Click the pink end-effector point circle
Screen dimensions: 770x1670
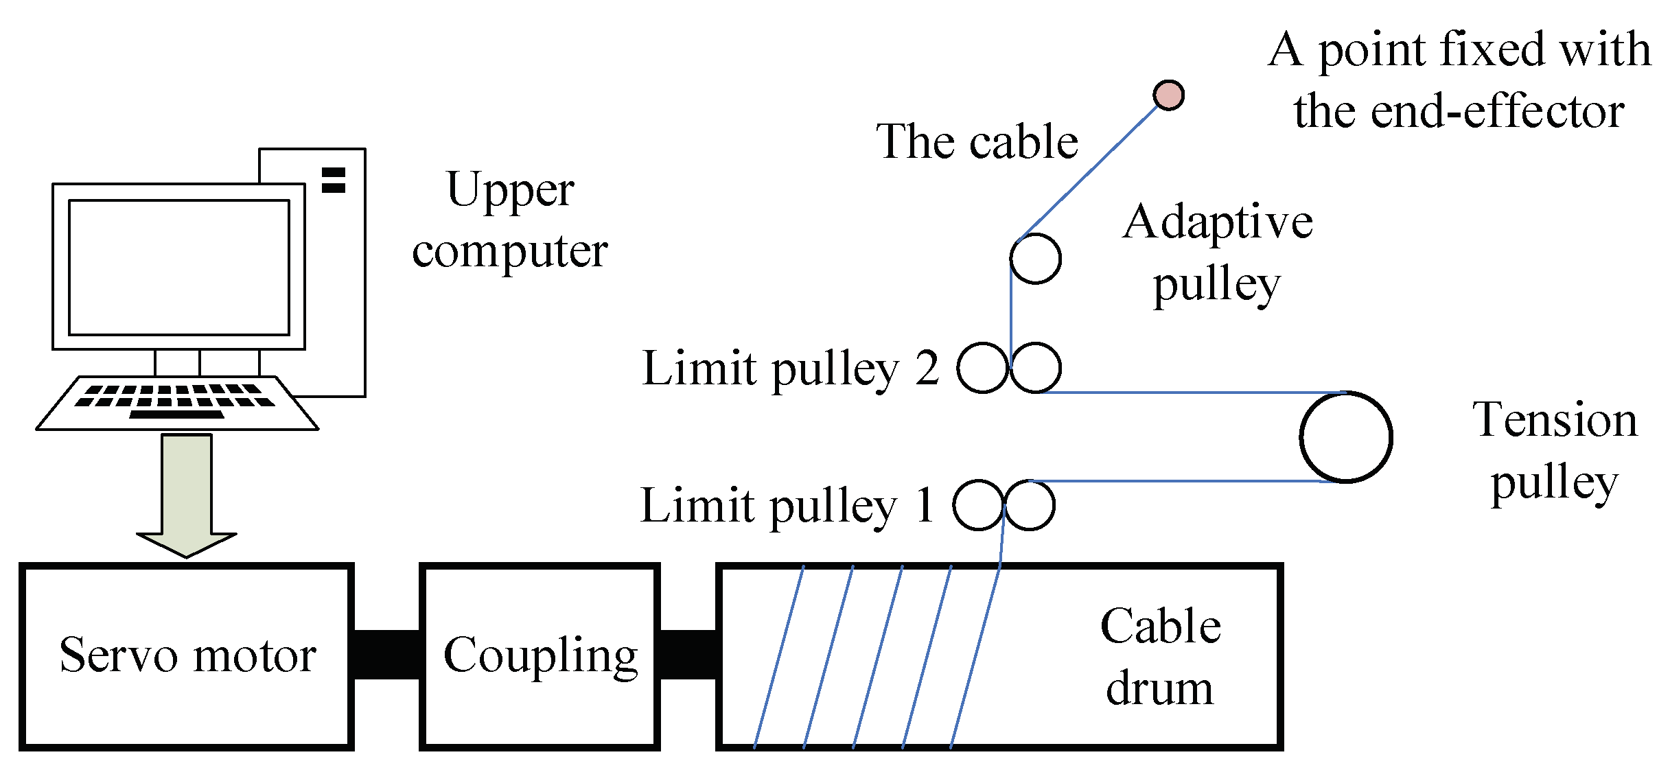(1168, 95)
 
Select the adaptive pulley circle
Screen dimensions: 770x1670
(1035, 259)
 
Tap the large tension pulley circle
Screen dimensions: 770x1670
(1345, 437)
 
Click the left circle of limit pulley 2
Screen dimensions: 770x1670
(982, 368)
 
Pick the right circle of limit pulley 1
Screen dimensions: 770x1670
(1030, 505)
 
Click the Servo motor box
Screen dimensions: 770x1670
(186, 656)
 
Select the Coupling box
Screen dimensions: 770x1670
(540, 656)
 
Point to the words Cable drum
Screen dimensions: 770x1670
(1160, 657)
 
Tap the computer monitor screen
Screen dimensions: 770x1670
(178, 267)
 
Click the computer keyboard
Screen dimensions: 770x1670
(177, 403)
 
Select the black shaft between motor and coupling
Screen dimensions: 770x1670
(386, 655)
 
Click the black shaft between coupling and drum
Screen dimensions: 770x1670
(688, 655)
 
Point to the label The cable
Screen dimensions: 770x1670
(977, 142)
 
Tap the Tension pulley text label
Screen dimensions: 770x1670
(1555, 451)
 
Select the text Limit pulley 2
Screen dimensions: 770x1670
(790, 369)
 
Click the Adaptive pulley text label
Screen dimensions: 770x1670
(1218, 252)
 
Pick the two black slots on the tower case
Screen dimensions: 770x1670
(334, 180)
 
